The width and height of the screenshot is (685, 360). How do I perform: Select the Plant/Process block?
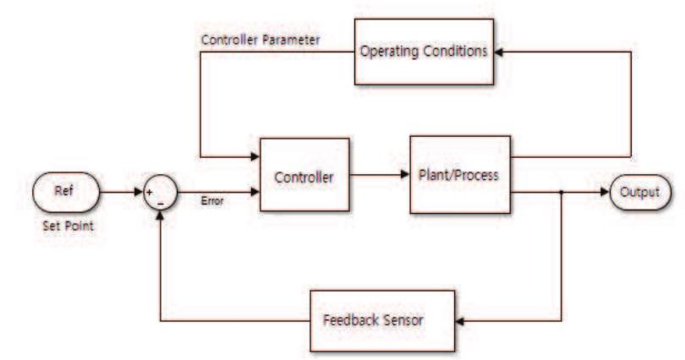[x=460, y=174]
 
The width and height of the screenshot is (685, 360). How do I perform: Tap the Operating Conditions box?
[x=424, y=52]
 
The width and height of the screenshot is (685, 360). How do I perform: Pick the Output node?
[x=641, y=192]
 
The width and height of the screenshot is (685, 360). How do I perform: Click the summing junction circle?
[x=160, y=194]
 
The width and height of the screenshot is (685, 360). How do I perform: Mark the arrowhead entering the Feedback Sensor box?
[x=460, y=321]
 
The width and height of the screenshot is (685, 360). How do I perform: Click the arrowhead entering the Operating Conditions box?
[x=498, y=52]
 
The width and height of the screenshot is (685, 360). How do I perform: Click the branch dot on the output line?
[x=562, y=192]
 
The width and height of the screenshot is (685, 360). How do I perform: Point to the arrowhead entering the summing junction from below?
[x=160, y=215]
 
